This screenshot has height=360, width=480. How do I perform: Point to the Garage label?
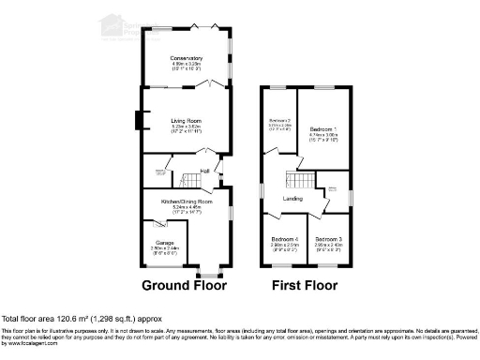tap(165, 242)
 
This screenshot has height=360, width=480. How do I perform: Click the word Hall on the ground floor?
tap(203, 171)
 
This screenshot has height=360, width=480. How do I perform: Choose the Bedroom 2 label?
tap(279, 121)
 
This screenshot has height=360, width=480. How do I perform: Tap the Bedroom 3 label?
tap(328, 240)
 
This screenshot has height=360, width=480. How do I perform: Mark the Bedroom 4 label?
tap(284, 240)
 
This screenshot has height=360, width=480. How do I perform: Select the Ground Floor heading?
tap(184, 285)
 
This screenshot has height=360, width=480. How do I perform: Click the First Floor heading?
tap(306, 285)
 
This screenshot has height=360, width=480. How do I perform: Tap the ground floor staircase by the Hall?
tap(192, 178)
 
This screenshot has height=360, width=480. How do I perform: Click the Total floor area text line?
tap(84, 320)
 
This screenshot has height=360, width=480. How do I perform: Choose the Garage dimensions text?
tap(165, 248)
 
